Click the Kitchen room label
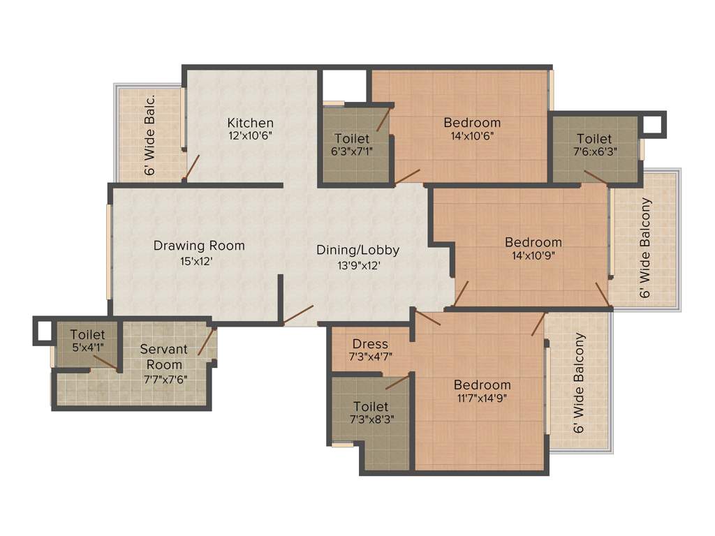(x=250, y=123)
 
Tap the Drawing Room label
(x=199, y=246)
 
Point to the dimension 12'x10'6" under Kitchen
(x=250, y=136)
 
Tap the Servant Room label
(x=165, y=356)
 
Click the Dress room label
(x=370, y=344)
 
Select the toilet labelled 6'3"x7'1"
(x=352, y=139)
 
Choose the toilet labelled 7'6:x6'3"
(x=594, y=139)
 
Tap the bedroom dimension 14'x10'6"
(x=472, y=136)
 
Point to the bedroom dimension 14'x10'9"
(x=533, y=255)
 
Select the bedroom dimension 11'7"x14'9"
(x=482, y=399)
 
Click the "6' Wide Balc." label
(x=149, y=135)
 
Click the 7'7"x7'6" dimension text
(x=165, y=379)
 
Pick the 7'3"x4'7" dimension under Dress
(x=370, y=357)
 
